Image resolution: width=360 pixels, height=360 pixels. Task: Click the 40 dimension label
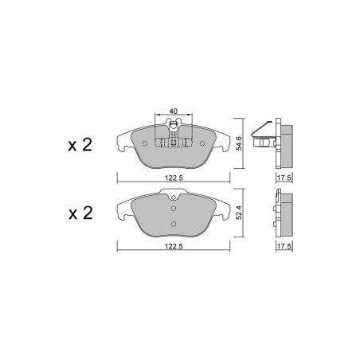[173, 112]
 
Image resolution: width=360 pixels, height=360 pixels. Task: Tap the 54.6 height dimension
[239, 143]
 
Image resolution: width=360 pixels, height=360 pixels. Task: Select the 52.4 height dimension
[239, 213]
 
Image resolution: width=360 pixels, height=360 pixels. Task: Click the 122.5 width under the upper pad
[174, 178]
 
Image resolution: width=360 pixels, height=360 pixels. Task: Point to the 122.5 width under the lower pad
[174, 246]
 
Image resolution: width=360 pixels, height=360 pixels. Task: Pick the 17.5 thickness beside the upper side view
[284, 178]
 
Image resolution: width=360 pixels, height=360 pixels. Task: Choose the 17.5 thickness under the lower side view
[284, 246]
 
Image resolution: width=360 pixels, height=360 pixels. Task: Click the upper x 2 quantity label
[80, 145]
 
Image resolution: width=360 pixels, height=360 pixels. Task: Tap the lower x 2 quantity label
[80, 213]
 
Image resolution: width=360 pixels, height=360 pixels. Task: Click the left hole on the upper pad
[145, 143]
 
